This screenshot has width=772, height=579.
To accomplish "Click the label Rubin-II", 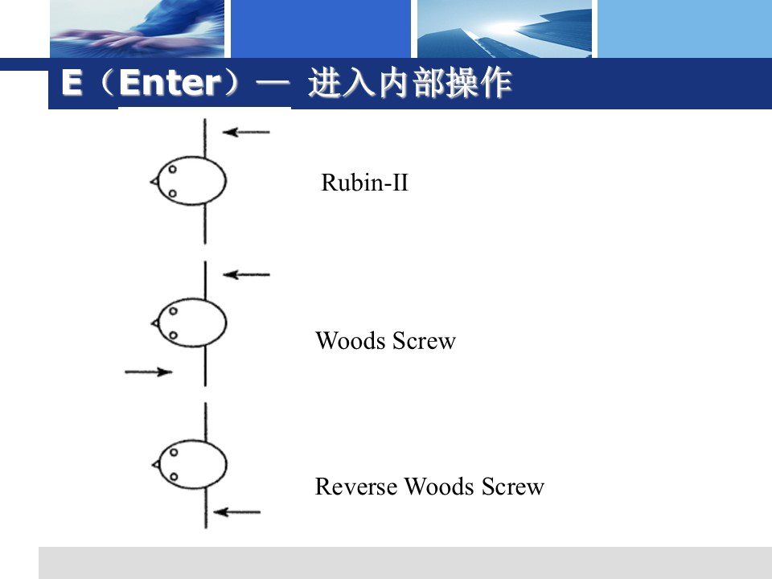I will coord(364,183).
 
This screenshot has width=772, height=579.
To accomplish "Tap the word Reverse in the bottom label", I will coord(356,487).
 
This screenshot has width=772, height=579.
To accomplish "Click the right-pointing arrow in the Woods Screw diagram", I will coord(149,372).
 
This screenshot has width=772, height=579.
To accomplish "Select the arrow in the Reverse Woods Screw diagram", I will coord(239,511).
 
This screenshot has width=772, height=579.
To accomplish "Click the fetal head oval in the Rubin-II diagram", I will coord(192,181).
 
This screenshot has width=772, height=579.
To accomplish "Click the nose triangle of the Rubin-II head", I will coord(154,182).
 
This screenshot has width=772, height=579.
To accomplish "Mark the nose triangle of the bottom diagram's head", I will coord(154,464).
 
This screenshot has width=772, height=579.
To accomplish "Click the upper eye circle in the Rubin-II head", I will coord(171,169).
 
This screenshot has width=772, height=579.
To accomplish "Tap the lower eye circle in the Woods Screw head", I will coord(172,335).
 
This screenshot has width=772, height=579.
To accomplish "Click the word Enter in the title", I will coord(170,84).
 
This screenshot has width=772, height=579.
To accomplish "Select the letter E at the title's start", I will coord(72,84).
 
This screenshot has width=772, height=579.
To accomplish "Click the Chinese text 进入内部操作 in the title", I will coord(409,84).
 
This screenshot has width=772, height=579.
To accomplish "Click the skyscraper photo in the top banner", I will coord(503,28).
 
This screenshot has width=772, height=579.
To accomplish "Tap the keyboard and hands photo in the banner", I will coord(137,28).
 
